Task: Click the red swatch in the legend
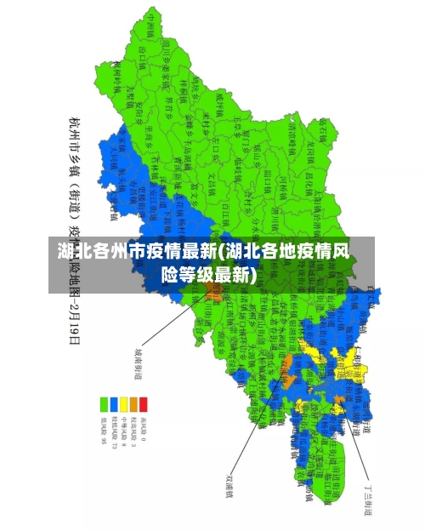point(143,402)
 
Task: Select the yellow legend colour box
point(123,402)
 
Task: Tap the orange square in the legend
point(133,402)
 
